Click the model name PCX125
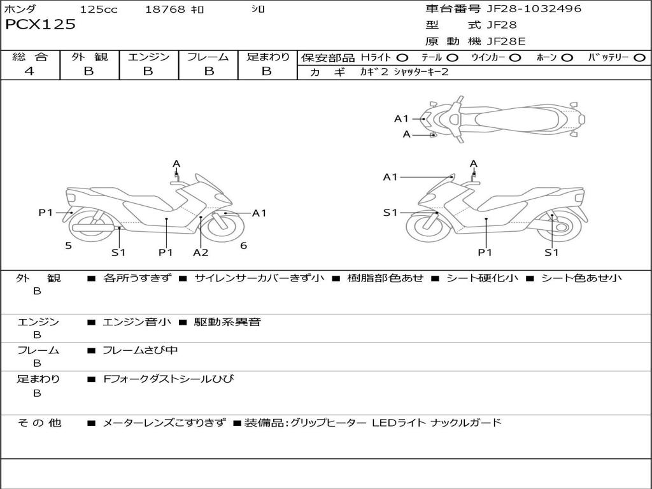coord(40,25)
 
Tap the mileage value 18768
coord(165,10)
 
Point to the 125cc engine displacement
coord(99,10)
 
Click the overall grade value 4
coord(29,71)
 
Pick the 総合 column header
coord(30,57)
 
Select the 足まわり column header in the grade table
coord(267,57)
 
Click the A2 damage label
coord(201,252)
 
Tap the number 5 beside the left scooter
coord(68,245)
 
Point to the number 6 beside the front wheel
coord(243,245)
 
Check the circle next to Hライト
coord(402,58)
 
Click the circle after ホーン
coord(567,58)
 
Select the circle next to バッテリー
coord(639,58)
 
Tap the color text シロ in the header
coord(258,10)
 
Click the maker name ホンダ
coord(20,10)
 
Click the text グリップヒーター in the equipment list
coord(328,422)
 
